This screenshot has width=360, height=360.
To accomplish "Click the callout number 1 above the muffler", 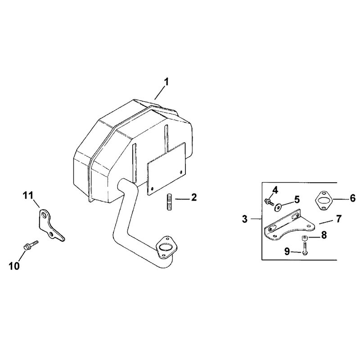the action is click(x=166, y=82).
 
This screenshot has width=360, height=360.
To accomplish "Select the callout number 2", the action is click(x=194, y=197).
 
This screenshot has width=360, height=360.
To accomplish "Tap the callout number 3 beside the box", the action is click(x=245, y=219).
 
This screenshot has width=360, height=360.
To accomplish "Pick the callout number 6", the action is click(x=353, y=198).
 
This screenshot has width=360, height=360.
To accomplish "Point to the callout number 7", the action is click(x=339, y=219).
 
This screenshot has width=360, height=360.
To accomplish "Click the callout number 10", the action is click(x=14, y=266).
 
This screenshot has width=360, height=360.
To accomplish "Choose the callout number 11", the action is click(x=28, y=196).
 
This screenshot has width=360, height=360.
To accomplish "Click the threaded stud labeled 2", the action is click(x=169, y=202).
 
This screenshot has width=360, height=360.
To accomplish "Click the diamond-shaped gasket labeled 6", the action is click(x=324, y=200).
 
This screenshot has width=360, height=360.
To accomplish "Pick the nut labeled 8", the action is click(x=305, y=238).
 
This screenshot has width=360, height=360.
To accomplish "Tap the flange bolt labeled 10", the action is click(x=31, y=245).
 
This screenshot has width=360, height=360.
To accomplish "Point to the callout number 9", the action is click(x=287, y=252).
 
